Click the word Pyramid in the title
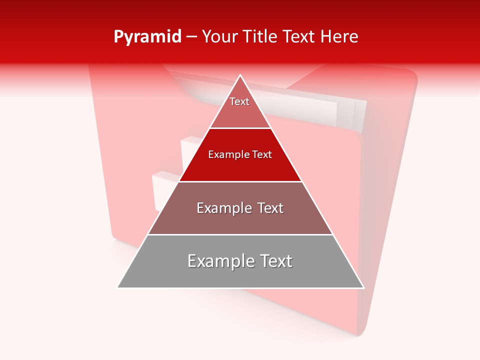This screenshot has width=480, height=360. pos(147,37)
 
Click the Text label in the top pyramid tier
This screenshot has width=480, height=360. pos(239,101)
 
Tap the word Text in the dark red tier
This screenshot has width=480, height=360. pos(261,155)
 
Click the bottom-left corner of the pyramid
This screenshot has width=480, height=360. pos(118,287)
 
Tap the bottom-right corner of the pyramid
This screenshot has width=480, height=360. pos(363,287)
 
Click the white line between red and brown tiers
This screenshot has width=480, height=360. pos(240,181)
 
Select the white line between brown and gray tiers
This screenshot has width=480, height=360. pos(240,234)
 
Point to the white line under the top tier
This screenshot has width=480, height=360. pos(240,128)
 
